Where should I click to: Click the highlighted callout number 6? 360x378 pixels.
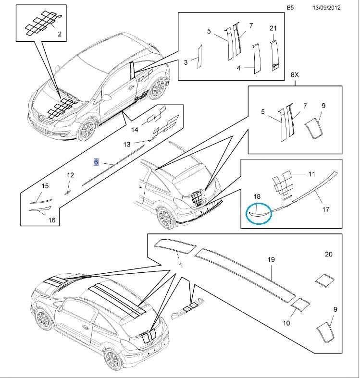tap(96, 162)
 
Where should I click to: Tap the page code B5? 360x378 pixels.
tap(290, 8)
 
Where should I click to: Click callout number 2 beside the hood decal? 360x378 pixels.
tap(60, 34)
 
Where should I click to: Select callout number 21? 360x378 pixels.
tap(273, 28)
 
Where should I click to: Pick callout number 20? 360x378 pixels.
tap(329, 254)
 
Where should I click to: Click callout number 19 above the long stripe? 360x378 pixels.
tap(271, 259)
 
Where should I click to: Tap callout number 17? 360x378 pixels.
tap(325, 209)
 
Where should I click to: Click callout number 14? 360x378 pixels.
tap(135, 129)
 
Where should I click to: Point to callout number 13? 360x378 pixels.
tap(127, 145)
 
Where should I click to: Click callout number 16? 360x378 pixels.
tap(52, 220)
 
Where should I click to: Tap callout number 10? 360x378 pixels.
tap(286, 323)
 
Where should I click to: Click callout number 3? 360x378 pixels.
tap(186, 62)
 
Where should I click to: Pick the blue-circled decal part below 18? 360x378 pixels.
tap(258, 212)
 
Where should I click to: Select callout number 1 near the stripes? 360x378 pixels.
tap(180, 266)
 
